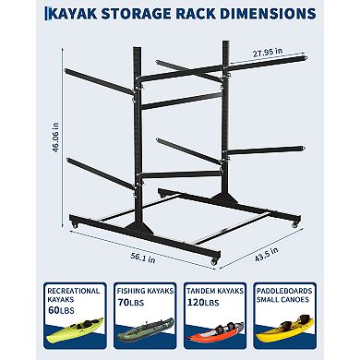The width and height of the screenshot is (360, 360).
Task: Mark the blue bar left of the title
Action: point(11,15)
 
